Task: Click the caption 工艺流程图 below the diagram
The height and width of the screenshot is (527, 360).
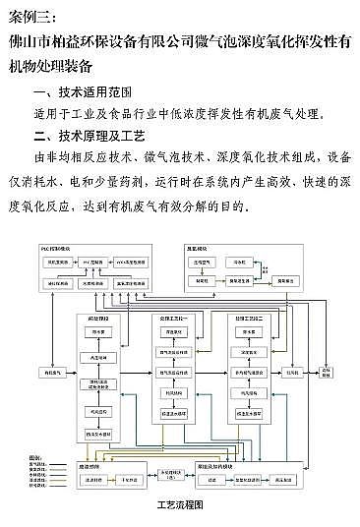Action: pos(180,503)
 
